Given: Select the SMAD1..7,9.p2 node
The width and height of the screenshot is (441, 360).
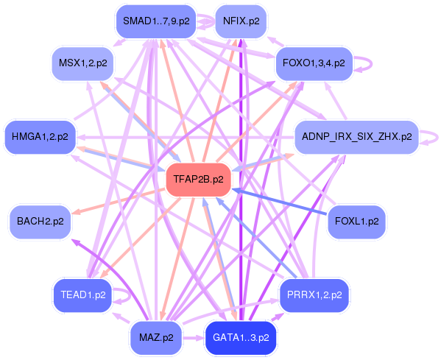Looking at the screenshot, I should tap(156, 21).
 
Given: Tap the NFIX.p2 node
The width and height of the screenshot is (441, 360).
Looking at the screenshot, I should tap(241, 21).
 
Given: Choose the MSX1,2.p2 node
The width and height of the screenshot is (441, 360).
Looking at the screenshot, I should tap(82, 63).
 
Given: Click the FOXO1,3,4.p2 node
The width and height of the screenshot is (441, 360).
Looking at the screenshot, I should tap(314, 63).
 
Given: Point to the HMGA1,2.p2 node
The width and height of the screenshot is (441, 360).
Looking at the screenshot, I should tap(40, 137).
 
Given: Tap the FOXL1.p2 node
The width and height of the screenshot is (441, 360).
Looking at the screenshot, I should tap(356, 221).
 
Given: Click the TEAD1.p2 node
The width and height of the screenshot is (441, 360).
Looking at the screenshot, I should tap(81, 294).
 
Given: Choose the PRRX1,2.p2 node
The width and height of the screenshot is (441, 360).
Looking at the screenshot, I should tap(311, 294).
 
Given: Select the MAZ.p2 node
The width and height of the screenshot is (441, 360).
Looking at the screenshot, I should tap(156, 338).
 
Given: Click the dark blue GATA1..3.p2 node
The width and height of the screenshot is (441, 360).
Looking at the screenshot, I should tap(241, 338).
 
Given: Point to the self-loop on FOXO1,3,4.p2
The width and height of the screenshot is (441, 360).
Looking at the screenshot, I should tap(364, 64).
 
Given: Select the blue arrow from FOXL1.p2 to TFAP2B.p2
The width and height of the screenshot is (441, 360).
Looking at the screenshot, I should tap(280, 202).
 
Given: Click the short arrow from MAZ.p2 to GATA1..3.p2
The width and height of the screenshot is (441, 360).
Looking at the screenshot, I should tap(193, 338).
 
